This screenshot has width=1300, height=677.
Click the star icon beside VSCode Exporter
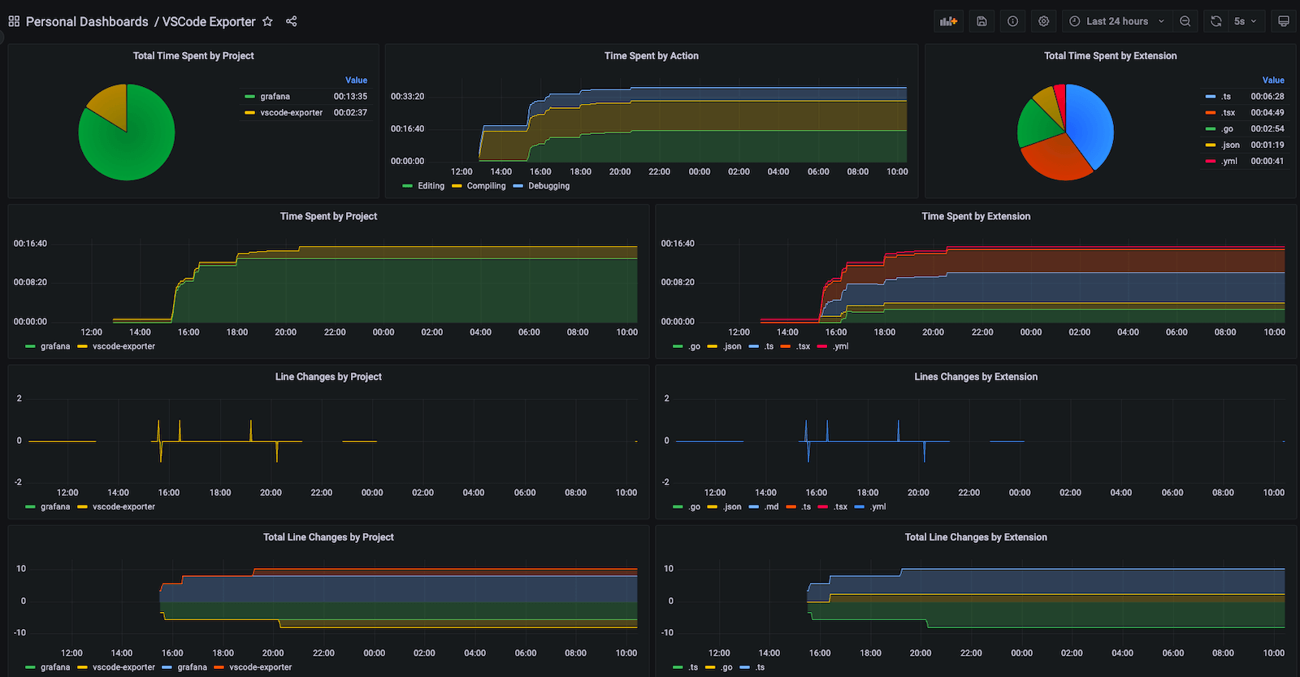(x=267, y=21)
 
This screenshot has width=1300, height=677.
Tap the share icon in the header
(x=292, y=21)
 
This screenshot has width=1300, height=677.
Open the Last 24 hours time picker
(x=1117, y=21)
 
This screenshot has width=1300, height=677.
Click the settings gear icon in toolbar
(x=1044, y=21)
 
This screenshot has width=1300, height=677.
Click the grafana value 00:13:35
(x=350, y=97)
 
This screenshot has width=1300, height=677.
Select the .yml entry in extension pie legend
(x=1229, y=161)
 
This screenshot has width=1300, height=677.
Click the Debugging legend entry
(x=548, y=186)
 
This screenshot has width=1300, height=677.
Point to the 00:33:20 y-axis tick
(x=407, y=97)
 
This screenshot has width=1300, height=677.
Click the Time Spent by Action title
(x=651, y=56)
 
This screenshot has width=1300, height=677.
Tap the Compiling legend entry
(x=486, y=186)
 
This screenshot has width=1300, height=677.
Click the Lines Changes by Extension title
(x=975, y=377)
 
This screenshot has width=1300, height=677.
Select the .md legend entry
(x=771, y=507)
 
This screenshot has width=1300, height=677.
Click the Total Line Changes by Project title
(x=328, y=537)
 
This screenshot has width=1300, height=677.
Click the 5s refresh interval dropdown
(x=1244, y=21)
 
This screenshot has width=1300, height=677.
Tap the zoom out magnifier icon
(x=1185, y=21)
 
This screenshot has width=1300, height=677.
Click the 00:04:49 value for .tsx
(x=1267, y=113)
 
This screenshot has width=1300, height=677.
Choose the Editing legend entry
(x=431, y=186)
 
